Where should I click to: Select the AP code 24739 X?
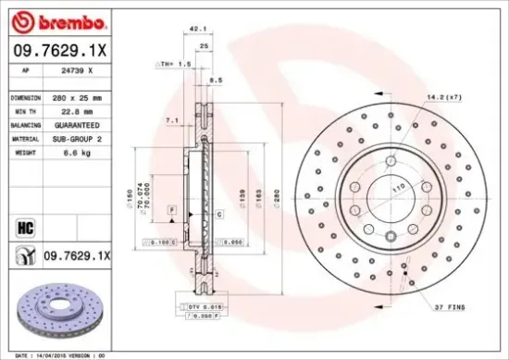pyautogui.click(x=77, y=71)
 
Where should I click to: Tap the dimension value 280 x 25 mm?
pyautogui.click(x=80, y=96)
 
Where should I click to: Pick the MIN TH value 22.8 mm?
pyautogui.click(x=74, y=110)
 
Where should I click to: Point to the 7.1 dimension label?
pyautogui.click(x=170, y=120)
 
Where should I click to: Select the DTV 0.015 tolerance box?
pyautogui.click(x=200, y=305)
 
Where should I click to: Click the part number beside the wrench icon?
pyautogui.click(x=79, y=254)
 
